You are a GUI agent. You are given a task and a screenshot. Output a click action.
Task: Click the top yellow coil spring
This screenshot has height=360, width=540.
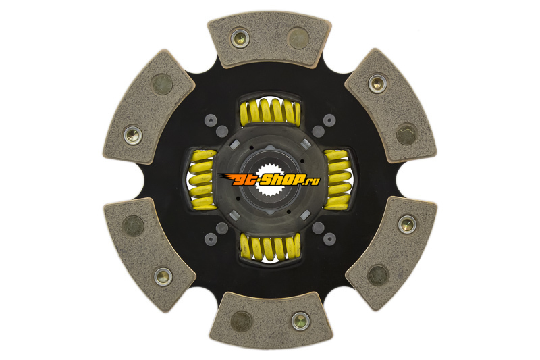click(271, 111)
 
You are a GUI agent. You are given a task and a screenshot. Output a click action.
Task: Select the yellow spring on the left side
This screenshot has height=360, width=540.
click(202, 180)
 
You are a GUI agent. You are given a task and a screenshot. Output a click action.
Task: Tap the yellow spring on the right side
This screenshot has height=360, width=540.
click(338, 180)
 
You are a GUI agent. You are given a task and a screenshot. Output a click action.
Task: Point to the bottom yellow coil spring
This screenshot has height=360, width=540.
click(271, 247)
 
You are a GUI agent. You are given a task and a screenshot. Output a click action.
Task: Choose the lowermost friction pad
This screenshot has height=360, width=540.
click(271, 320)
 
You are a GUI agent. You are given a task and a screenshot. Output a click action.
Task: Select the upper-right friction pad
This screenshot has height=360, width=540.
click(391, 105)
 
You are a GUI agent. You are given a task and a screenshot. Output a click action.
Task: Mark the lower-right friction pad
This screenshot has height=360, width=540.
click(391, 253)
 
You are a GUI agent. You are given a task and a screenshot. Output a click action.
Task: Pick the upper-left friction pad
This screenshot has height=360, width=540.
click(148, 107)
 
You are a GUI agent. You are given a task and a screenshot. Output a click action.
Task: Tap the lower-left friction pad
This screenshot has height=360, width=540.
click(150, 255)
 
